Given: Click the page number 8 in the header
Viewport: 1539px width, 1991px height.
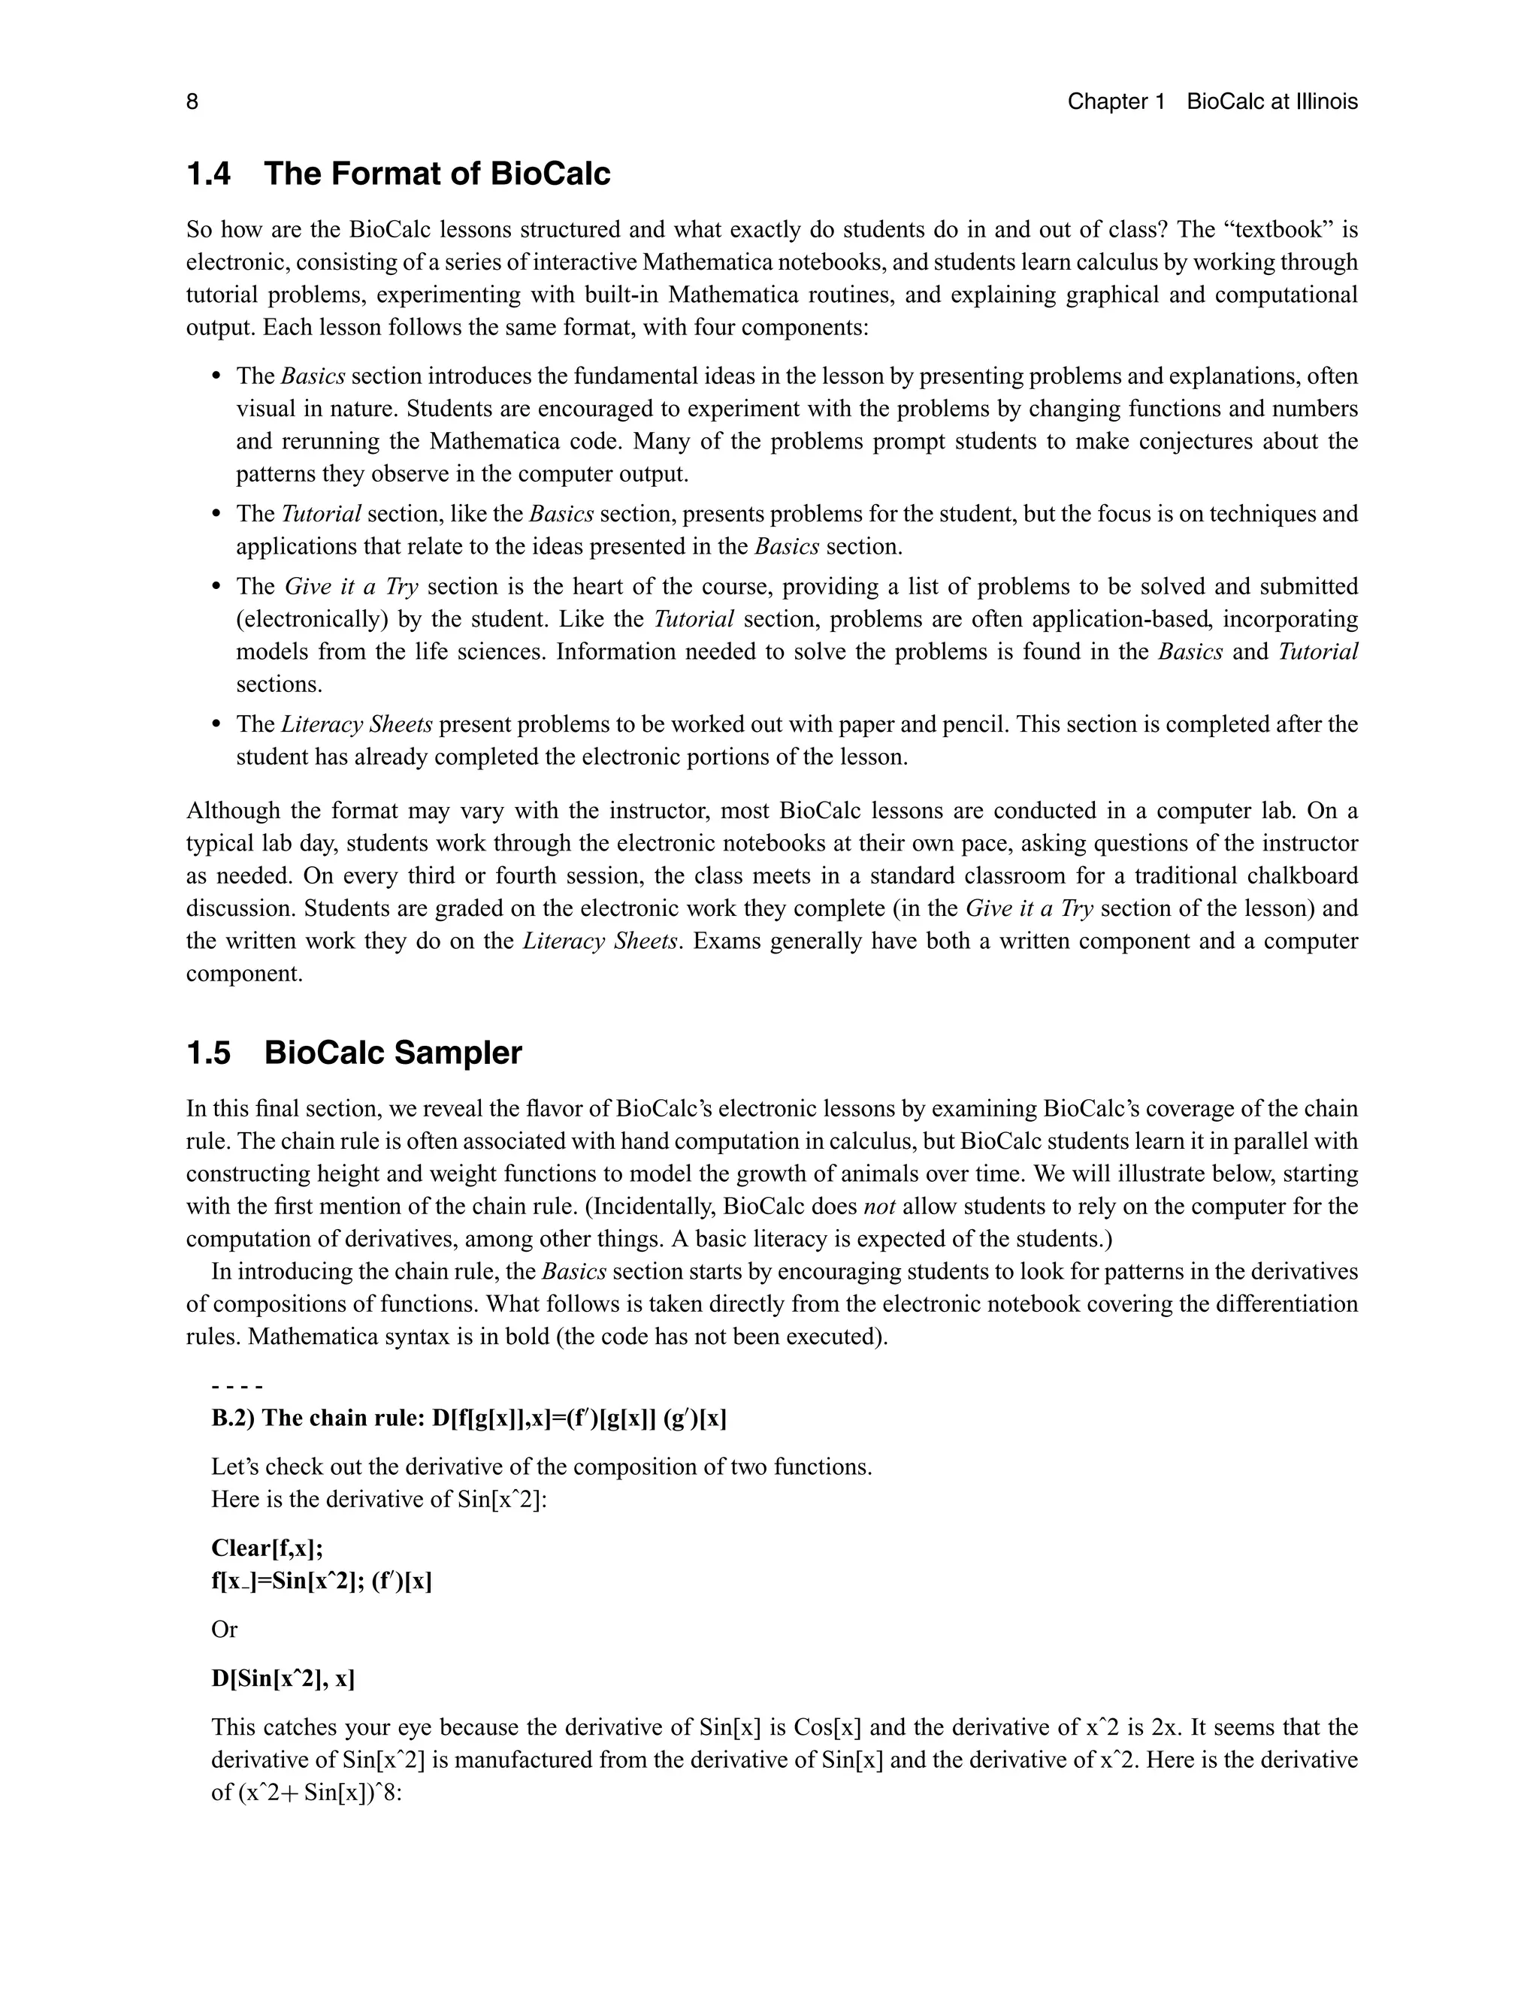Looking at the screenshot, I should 192,101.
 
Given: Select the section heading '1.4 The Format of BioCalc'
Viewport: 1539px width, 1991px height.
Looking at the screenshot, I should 398,174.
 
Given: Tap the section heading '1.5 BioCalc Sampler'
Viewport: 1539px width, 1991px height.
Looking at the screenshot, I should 354,1053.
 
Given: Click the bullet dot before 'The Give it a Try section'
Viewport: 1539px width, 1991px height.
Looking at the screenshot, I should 216,586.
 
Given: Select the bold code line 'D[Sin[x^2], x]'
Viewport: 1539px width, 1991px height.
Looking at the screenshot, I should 283,1678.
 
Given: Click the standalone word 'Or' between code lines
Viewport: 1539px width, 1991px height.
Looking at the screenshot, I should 224,1629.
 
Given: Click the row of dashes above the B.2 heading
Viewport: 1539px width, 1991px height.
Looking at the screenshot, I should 237,1388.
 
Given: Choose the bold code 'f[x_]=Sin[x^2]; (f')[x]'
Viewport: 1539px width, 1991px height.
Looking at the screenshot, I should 321,1581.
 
